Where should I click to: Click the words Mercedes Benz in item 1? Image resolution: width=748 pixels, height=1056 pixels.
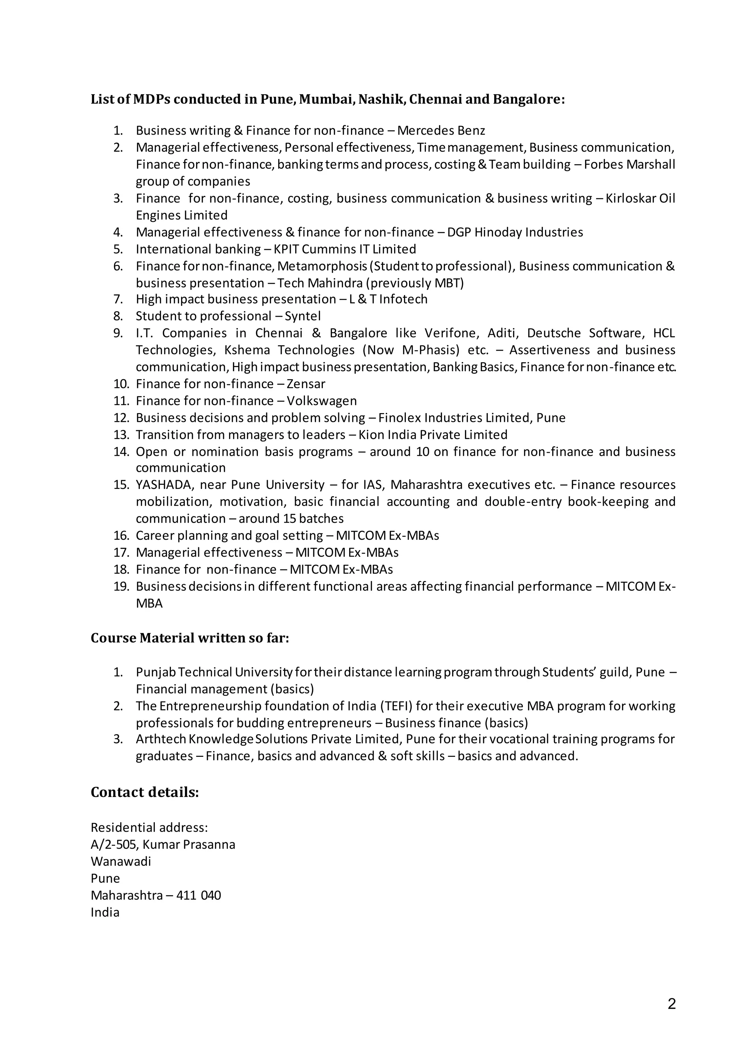coord(441,131)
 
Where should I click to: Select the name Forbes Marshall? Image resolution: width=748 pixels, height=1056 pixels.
coord(629,165)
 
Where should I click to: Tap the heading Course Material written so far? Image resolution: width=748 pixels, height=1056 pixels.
coord(190,638)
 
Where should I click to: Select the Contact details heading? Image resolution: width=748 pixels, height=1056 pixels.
coord(145,792)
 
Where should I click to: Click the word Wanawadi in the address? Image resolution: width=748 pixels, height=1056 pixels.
coord(121,862)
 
